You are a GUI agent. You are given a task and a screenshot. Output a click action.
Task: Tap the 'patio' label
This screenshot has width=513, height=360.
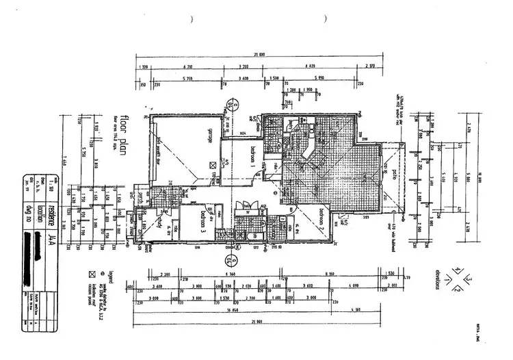tap(395, 159)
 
